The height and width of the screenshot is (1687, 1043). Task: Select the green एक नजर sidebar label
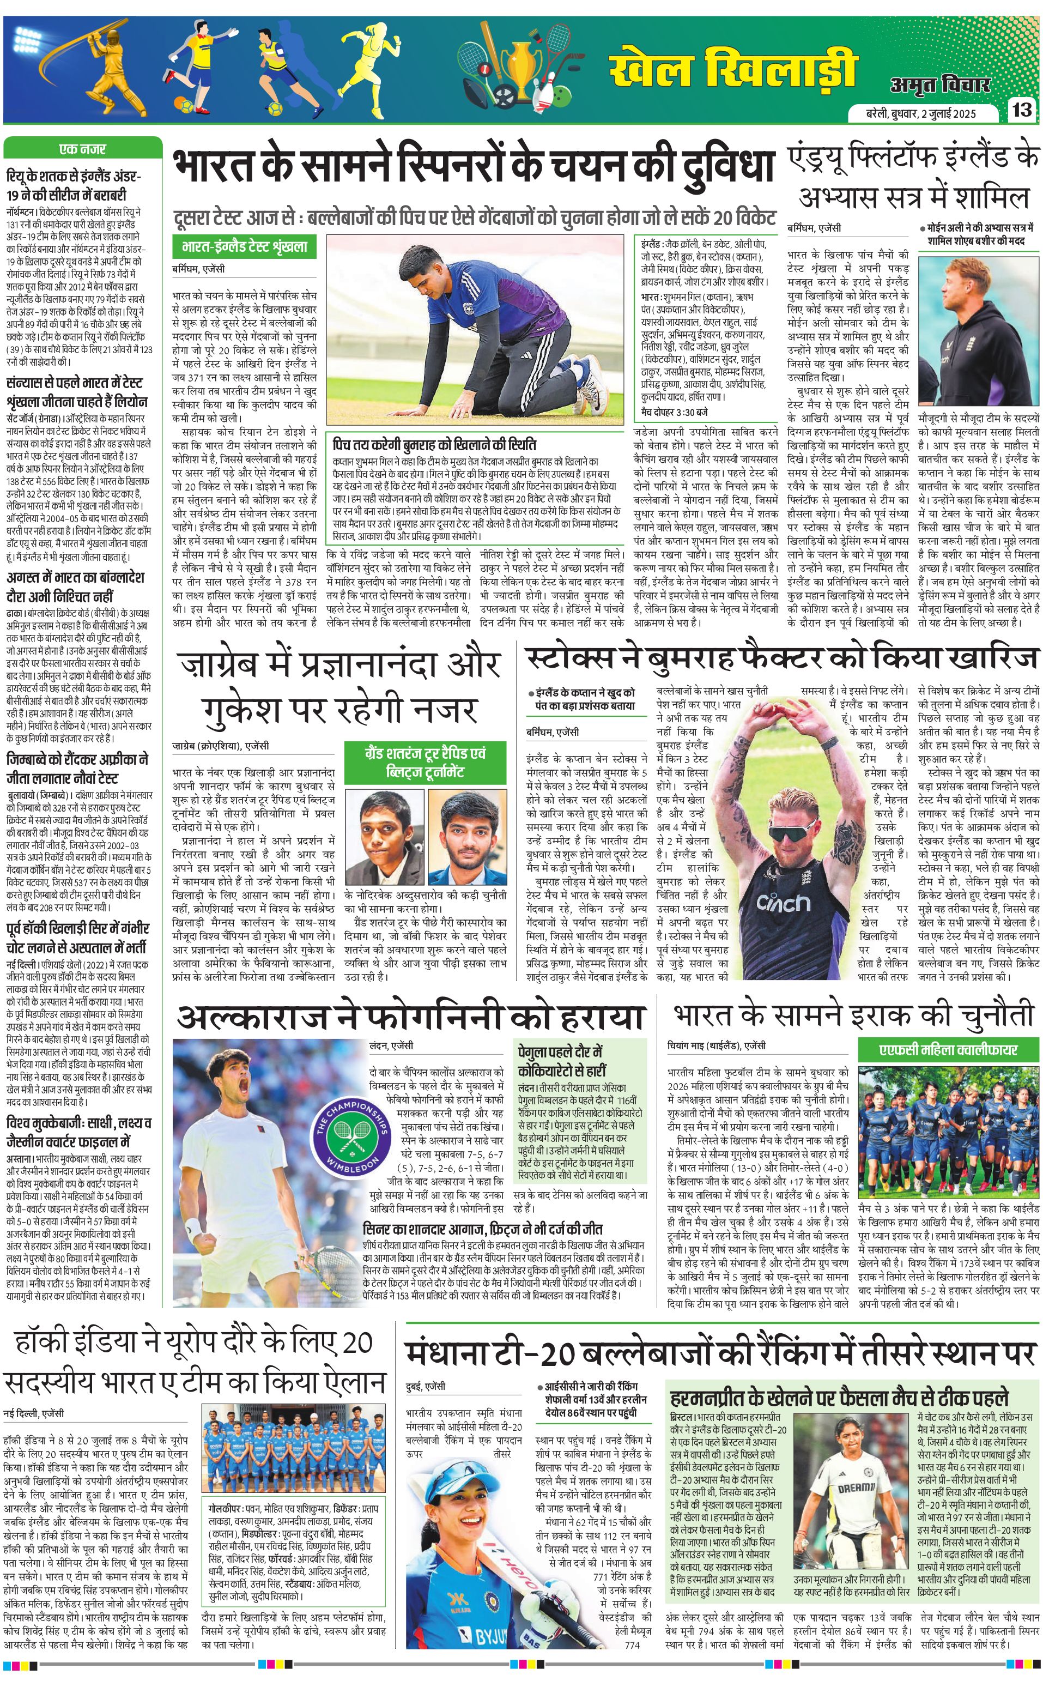tap(82, 148)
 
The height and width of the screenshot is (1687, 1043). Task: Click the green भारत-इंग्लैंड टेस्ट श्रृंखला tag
tap(244, 246)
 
